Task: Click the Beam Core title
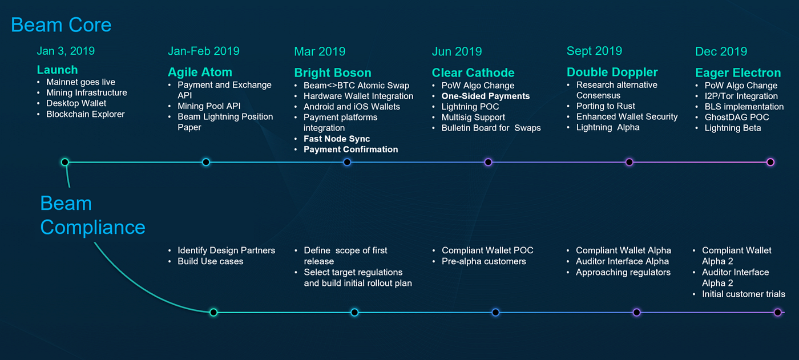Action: [61, 25]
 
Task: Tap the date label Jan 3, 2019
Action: [66, 51]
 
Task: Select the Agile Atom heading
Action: [200, 72]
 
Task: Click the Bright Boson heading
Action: [332, 72]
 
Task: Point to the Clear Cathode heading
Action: [473, 72]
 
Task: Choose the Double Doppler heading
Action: [612, 72]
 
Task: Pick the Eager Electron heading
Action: [738, 72]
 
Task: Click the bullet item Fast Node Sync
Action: [337, 139]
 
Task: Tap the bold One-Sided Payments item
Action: [486, 96]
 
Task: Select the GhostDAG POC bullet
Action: [737, 118]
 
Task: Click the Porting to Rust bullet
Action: [606, 106]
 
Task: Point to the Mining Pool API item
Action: [209, 106]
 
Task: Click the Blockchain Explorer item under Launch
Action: [86, 115]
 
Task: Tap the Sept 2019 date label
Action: [594, 51]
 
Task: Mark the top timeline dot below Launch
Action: [64, 162]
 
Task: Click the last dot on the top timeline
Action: [770, 162]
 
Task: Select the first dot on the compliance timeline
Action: [213, 313]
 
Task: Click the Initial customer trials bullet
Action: [744, 294]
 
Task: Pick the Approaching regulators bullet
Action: [623, 272]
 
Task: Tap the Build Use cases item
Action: [211, 261]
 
